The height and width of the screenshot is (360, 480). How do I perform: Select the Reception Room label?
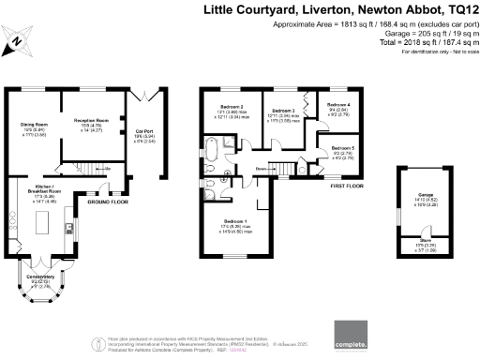pos(87,121)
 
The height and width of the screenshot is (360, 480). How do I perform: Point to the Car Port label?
pos(144,131)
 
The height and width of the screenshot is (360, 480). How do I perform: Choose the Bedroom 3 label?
pos(283,111)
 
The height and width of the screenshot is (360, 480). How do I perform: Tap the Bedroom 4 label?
pos(339,105)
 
